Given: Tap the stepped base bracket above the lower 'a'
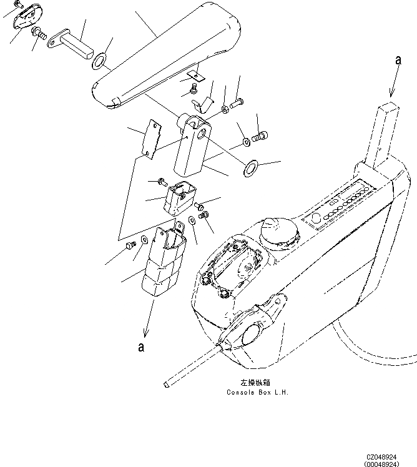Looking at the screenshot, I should pyautogui.click(x=164, y=262).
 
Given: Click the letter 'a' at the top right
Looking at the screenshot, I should pyautogui.click(x=398, y=61).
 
